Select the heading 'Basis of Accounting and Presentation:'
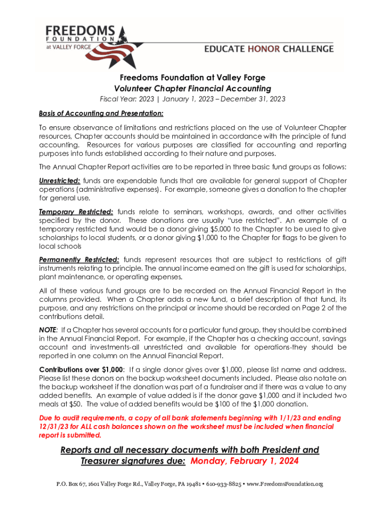101,113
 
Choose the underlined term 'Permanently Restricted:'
79,259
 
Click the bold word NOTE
48,330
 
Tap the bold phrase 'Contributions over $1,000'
81,369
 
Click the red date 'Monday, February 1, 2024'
245,462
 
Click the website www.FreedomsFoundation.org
284,484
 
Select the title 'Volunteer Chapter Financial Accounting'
193,89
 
